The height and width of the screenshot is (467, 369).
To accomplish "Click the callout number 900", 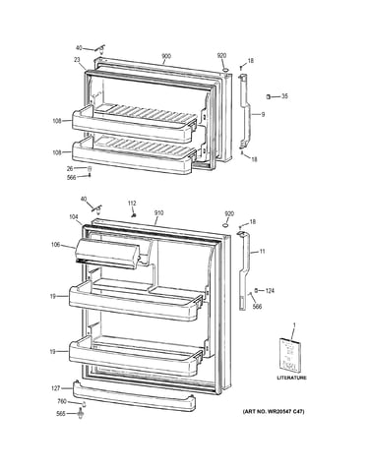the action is click(166, 56).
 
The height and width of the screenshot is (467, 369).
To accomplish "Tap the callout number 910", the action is click(158, 213).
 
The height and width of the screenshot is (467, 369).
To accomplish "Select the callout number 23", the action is click(77, 60).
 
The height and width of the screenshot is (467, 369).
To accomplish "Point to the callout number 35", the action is click(284, 96).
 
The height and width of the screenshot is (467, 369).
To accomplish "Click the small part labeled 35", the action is click(268, 96).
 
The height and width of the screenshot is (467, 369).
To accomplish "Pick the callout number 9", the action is click(263, 115).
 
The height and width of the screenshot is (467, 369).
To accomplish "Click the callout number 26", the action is click(70, 169).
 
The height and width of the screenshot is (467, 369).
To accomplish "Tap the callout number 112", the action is click(132, 204).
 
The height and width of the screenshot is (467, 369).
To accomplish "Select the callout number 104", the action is click(74, 216).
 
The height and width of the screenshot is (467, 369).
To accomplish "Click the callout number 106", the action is click(56, 245).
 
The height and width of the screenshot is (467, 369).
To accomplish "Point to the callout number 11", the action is click(262, 252).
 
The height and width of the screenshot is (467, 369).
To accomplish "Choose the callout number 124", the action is click(270, 291).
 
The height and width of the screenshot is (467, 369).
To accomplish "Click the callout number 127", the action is click(56, 388).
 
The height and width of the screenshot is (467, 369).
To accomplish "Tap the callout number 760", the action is click(62, 401).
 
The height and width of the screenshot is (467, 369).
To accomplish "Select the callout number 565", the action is click(61, 414).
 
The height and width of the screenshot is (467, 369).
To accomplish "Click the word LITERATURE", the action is click(292, 378).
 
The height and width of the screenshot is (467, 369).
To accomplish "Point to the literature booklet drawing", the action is click(290, 355).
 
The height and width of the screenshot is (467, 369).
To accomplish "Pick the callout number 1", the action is click(294, 324).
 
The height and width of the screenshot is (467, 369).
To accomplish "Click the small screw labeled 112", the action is click(134, 214).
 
